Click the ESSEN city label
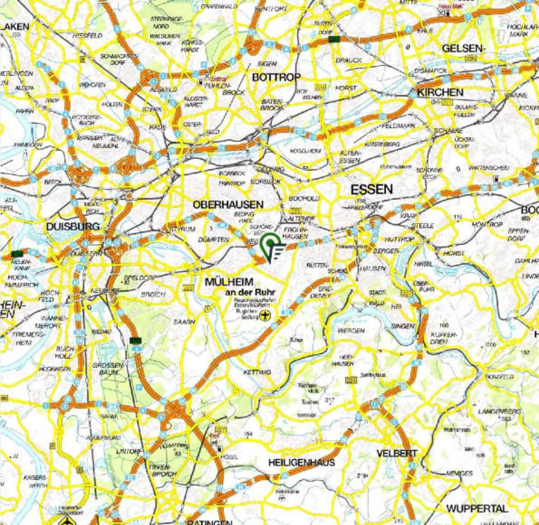pyautogui.click(x=372, y=190)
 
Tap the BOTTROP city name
pyautogui.click(x=276, y=77)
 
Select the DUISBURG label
pyautogui.click(x=73, y=226)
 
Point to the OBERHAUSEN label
pyautogui.click(x=228, y=205)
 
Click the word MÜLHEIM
pyautogui.click(x=229, y=282)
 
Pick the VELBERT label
pyautogui.click(x=397, y=454)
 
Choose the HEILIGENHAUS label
pyautogui.click(x=301, y=462)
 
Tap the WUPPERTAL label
pyautogui.click(x=477, y=509)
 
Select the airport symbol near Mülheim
pyautogui.click(x=264, y=315)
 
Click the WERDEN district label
pyautogui.click(x=351, y=331)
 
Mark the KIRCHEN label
pyautogui.click(x=440, y=93)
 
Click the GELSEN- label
pyautogui.click(x=463, y=49)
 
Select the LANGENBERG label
pyautogui.click(x=499, y=411)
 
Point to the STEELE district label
pyautogui.click(x=425, y=225)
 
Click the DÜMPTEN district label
pyautogui.click(x=214, y=240)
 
